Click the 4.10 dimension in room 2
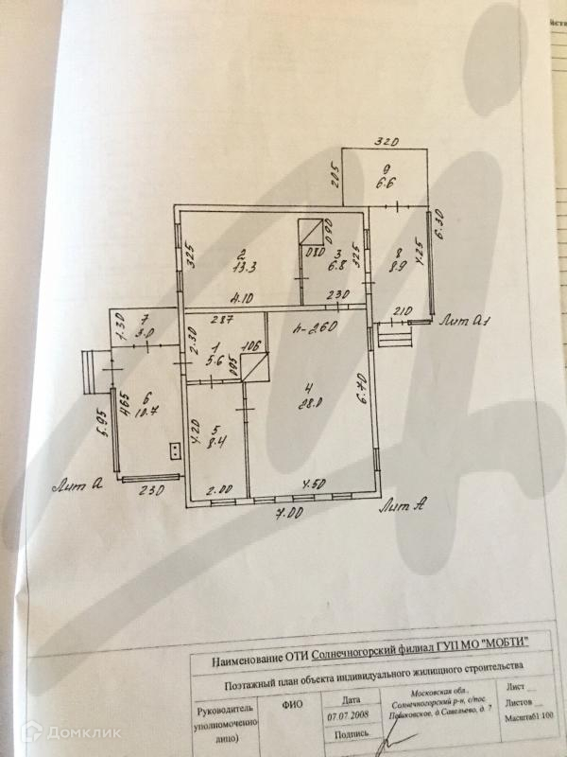pos(244,296)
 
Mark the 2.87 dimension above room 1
pos(221,321)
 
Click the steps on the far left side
pos(94,371)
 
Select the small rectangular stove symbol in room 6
pos(174,450)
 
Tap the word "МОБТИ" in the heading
pos(497,643)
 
